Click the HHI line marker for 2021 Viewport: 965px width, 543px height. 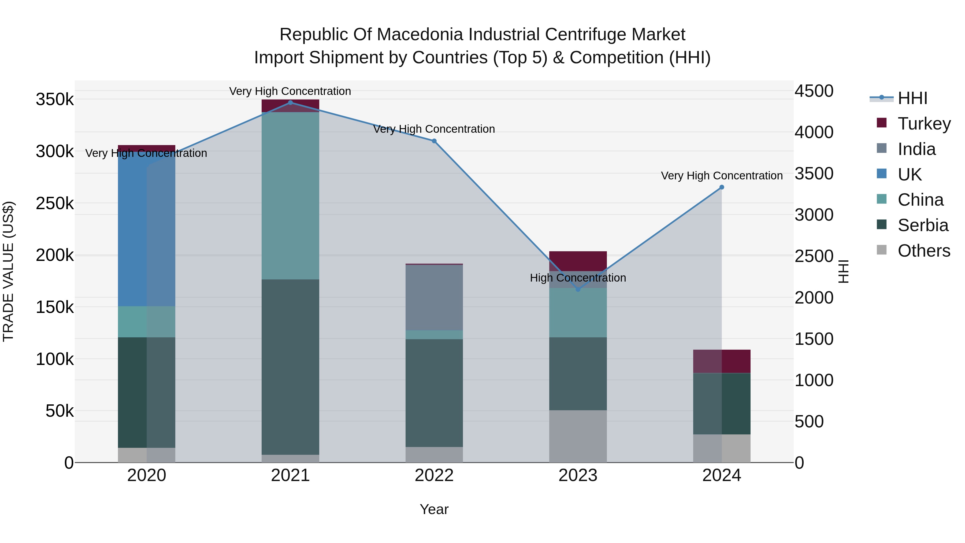290,102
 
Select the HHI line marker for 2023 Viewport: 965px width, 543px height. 578,289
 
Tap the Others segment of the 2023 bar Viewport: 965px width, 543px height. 578,436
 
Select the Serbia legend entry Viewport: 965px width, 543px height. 923,225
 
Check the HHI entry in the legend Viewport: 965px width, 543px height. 912,98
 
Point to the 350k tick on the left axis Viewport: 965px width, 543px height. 55,100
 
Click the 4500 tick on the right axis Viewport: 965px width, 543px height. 814,91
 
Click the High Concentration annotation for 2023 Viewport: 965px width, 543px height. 578,278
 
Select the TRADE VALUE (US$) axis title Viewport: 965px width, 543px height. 9,271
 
